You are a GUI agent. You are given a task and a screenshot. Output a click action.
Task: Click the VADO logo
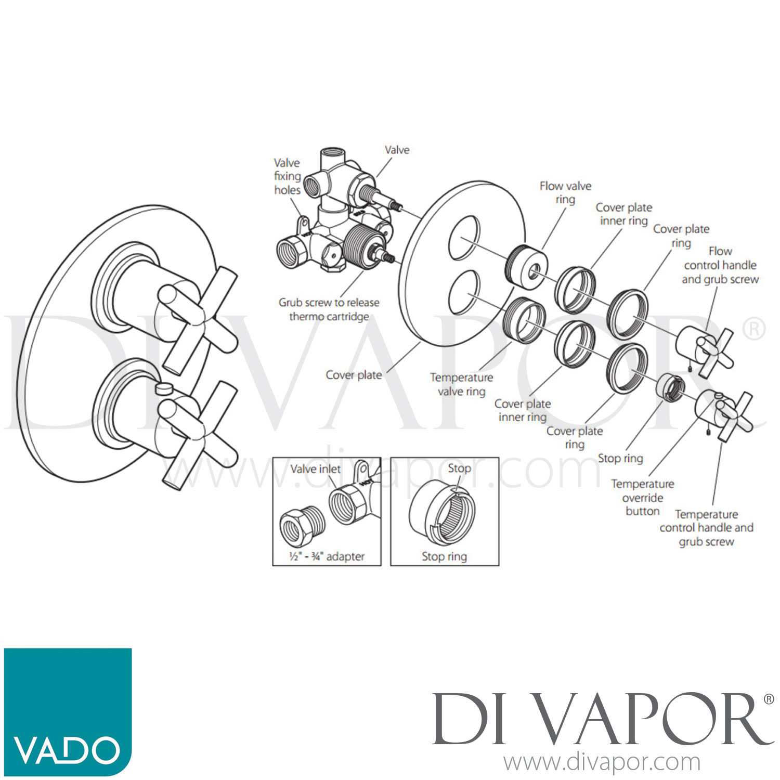click(x=68, y=711)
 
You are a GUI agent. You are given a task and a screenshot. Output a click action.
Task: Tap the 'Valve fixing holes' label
click(x=288, y=176)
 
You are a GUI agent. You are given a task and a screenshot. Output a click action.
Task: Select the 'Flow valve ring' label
click(x=565, y=192)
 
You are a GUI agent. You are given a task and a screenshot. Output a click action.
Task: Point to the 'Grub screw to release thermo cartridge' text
click(x=329, y=309)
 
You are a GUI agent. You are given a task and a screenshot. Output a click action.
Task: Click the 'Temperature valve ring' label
click(x=461, y=384)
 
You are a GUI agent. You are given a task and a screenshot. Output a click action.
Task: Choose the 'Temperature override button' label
click(x=643, y=498)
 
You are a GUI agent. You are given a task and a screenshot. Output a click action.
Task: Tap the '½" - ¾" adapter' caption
click(x=327, y=556)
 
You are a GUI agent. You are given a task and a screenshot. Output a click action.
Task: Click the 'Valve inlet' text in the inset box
click(x=315, y=469)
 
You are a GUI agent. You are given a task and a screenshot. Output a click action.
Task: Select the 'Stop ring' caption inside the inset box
click(x=445, y=556)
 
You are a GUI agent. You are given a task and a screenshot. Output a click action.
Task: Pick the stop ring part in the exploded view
click(x=670, y=387)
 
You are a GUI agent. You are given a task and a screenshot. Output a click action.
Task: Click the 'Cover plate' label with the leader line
click(x=354, y=375)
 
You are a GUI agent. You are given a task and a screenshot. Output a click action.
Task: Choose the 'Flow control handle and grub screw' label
click(x=720, y=265)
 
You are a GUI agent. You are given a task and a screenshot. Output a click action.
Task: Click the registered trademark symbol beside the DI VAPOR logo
click(x=769, y=699)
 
